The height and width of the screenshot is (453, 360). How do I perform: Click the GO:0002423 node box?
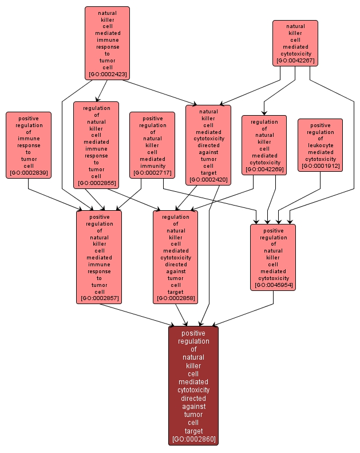(107, 43)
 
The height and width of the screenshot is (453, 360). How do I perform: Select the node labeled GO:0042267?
(295, 43)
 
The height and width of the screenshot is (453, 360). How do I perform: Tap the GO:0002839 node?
(29, 145)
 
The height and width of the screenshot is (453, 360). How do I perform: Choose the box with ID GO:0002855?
(96, 145)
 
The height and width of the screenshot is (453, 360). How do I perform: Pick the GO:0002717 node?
(152, 145)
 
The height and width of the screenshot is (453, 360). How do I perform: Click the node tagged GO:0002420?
(208, 145)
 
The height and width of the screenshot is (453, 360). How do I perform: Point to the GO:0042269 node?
(264, 145)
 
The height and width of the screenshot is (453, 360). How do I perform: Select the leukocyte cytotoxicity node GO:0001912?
(320, 145)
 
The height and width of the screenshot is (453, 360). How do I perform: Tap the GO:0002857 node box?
(99, 257)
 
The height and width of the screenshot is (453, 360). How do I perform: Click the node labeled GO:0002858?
(175, 257)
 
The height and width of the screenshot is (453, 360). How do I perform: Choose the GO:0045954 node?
(273, 257)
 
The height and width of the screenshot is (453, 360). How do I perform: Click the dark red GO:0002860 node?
(193, 385)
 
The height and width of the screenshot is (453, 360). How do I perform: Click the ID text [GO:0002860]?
(193, 439)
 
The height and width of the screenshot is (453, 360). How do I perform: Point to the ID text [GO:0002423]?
(107, 74)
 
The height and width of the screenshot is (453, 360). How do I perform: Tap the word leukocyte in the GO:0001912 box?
(320, 145)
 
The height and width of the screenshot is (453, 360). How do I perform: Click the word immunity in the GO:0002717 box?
(152, 166)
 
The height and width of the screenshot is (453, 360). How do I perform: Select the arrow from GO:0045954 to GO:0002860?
(240, 314)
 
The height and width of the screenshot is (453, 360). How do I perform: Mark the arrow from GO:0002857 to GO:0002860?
(137, 314)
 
